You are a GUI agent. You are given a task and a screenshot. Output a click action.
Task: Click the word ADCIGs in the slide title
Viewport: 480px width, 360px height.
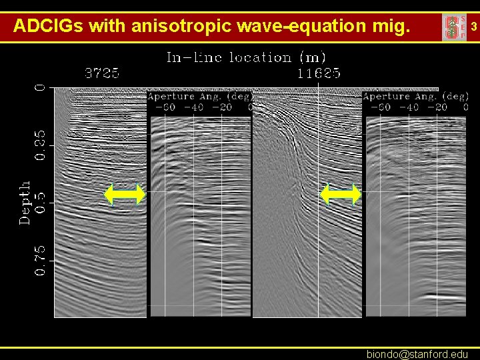(x=48, y=27)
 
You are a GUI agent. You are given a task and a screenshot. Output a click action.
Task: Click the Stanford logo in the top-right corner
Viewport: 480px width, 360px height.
(x=453, y=27)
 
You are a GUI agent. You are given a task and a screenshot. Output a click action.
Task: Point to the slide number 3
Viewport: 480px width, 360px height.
(x=473, y=27)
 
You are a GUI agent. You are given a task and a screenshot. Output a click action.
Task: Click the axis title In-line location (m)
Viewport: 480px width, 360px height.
(x=246, y=58)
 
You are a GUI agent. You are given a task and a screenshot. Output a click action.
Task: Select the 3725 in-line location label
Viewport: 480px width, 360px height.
(x=102, y=74)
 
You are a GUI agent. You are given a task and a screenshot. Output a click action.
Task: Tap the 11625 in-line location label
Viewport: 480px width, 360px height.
(x=319, y=74)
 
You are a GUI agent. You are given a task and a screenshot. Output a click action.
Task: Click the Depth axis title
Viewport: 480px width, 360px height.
(x=25, y=202)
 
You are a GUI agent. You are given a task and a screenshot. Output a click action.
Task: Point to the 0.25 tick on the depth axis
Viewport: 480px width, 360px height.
(x=41, y=145)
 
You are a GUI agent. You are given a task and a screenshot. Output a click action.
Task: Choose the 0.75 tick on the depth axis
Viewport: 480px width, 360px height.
(x=41, y=260)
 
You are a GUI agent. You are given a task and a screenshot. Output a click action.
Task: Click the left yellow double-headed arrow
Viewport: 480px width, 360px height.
(x=125, y=195)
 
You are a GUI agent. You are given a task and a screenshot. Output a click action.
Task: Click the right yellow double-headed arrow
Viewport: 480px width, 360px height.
(x=341, y=195)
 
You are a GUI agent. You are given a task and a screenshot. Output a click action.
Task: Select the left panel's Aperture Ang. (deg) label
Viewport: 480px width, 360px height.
(x=199, y=97)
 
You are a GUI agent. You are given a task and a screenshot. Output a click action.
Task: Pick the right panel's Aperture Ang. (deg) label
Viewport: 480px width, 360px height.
(x=415, y=97)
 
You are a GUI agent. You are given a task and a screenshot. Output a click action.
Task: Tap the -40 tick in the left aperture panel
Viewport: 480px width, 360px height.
(x=194, y=107)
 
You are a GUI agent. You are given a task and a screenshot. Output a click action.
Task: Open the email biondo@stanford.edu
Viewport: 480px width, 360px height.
(x=417, y=354)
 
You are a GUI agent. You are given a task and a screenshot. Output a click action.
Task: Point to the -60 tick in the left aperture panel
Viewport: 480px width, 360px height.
(x=166, y=107)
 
